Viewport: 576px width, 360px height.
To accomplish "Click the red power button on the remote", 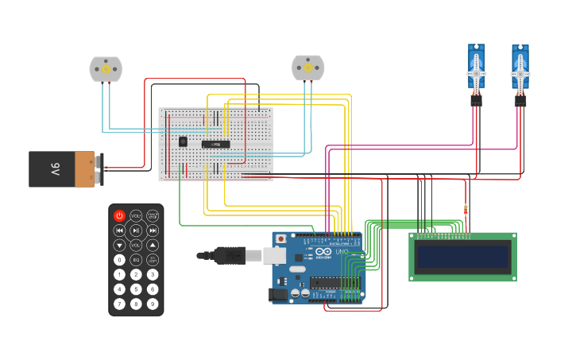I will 119,215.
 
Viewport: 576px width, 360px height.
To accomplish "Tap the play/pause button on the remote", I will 136,230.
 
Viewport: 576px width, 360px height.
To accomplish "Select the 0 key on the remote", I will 119,260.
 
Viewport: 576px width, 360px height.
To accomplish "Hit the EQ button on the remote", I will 136,260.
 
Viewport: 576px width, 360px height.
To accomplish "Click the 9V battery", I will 64,169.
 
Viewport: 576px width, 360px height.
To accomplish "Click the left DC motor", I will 106,70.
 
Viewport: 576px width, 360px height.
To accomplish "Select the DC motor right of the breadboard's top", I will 308,68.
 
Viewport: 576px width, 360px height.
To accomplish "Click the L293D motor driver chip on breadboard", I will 215,144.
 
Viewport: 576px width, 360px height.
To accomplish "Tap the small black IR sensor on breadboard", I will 183,141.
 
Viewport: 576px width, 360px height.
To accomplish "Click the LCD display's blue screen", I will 462,257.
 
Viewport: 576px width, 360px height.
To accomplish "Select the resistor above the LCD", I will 466,210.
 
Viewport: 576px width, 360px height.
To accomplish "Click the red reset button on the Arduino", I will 280,238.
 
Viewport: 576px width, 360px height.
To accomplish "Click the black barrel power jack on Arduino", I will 278,293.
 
